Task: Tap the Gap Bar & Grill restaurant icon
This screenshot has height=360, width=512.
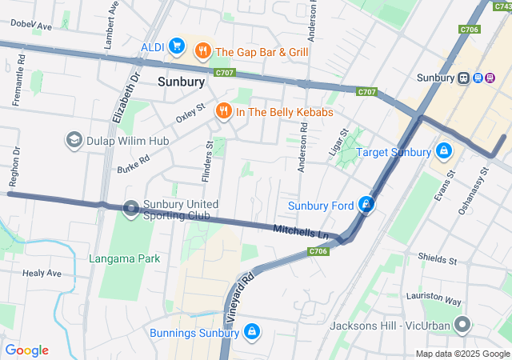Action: [x=203, y=51]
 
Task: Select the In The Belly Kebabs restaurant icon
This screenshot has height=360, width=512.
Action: [x=223, y=112]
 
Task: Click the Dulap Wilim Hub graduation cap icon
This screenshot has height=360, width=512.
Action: [x=74, y=141]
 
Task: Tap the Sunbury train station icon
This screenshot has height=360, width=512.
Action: [x=463, y=78]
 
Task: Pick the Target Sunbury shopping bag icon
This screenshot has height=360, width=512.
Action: [x=443, y=151]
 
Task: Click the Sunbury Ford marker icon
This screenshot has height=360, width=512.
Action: [x=366, y=206]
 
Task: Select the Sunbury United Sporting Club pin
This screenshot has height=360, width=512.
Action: [x=131, y=209]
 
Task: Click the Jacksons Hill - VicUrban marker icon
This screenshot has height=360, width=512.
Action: [x=462, y=326]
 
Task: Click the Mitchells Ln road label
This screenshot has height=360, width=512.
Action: [x=301, y=231]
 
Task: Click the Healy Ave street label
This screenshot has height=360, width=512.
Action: [x=42, y=273]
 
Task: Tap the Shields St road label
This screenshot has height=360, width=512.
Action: [x=437, y=260]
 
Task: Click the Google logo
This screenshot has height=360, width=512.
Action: [x=26, y=350]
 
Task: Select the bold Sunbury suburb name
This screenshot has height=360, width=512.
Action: [x=182, y=82]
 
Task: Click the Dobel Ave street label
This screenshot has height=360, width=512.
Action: [x=30, y=26]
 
